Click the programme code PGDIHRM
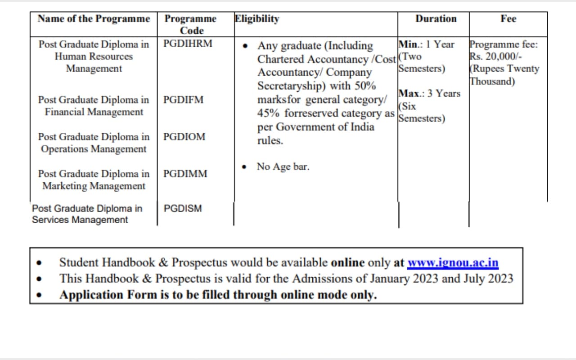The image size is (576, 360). click(x=188, y=44)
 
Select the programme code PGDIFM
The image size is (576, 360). click(x=184, y=100)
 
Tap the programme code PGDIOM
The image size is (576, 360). click(x=184, y=137)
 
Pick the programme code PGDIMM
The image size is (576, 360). click(x=185, y=174)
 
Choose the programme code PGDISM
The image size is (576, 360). click(x=183, y=208)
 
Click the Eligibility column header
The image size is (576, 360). click(x=257, y=19)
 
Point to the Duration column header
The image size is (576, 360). click(x=436, y=19)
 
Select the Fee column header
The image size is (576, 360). click(x=508, y=19)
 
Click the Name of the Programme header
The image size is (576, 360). click(x=94, y=19)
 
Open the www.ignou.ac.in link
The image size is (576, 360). click(x=453, y=262)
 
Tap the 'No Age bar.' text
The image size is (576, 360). click(x=283, y=166)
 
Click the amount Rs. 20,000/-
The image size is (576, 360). click(x=495, y=57)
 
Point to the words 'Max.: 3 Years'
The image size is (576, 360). click(x=429, y=94)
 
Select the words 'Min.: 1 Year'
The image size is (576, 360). click(x=427, y=45)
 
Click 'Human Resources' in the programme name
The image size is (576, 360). click(x=94, y=57)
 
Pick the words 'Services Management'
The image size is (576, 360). click(x=80, y=220)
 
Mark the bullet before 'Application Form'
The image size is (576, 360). click(x=41, y=296)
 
